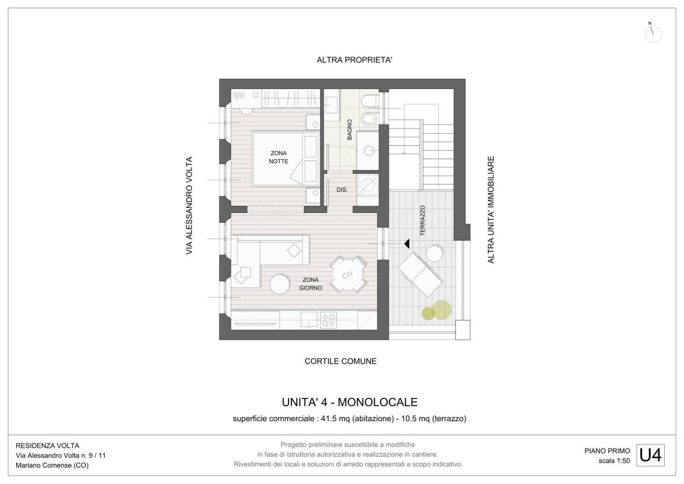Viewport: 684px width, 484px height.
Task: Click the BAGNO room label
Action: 350,130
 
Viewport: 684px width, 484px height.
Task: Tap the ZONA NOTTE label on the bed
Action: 279,157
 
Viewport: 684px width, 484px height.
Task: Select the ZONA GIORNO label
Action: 310,284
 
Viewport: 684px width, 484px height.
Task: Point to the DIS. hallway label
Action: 342,190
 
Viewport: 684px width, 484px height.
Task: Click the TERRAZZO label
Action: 423,220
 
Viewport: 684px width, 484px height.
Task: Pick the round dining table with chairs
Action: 348,275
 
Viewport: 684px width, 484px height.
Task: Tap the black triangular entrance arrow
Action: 407,244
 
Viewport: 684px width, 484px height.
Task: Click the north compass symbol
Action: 653,33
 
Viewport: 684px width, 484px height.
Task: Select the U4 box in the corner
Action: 650,455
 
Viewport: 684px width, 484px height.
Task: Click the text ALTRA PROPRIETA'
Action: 354,60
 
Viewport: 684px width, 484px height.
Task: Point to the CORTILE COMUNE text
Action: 340,361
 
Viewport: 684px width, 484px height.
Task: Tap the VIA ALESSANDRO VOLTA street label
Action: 189,205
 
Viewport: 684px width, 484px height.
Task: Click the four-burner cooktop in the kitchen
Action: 328,320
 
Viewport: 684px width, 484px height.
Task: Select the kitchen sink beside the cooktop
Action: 309,319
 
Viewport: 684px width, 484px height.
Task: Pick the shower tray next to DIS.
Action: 368,185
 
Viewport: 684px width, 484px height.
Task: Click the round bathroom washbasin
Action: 369,151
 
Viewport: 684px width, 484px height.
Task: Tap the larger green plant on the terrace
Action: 442,310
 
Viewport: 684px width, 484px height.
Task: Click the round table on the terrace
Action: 434,254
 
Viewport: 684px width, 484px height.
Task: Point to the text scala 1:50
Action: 614,461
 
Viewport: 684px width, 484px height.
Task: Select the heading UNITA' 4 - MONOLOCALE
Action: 350,402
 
